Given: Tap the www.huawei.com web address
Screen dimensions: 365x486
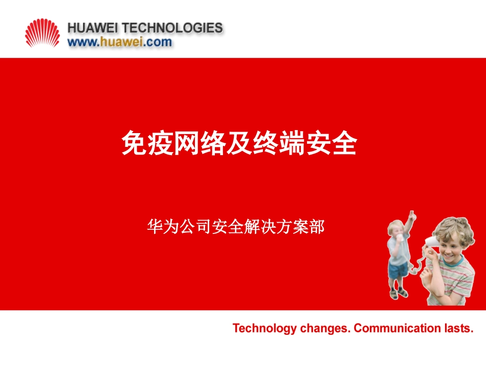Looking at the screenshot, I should coord(120,42).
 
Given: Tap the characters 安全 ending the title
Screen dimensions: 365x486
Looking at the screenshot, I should coord(330,145).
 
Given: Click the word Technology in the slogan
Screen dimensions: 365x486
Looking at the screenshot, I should coord(264,328).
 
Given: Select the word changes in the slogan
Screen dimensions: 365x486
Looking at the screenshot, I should coord(324,328).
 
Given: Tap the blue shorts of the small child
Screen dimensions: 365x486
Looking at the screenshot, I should coord(398,270).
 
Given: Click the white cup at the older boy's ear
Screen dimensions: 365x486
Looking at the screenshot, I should coord(430,241).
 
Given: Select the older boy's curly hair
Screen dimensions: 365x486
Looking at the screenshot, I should coord(453,228).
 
